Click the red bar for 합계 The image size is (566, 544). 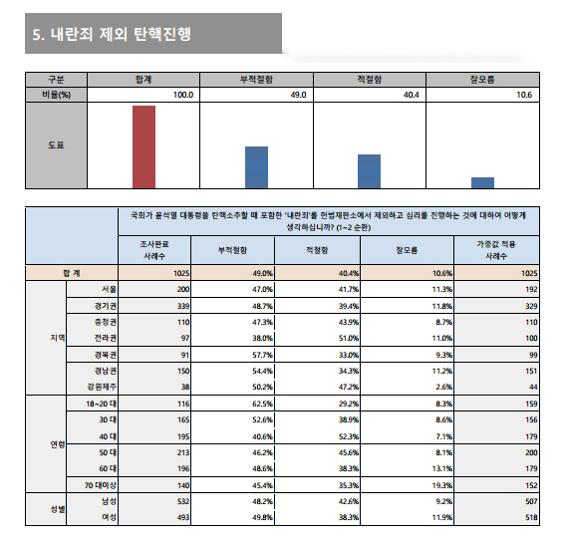click(144, 146)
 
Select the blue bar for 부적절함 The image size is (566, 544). click(257, 167)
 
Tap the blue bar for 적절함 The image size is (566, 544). click(370, 171)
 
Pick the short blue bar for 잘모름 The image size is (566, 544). click(482, 183)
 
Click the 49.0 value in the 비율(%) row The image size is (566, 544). click(298, 95)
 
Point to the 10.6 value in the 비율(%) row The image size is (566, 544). click(524, 95)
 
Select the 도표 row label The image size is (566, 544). click(56, 145)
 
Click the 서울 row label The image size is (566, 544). click(109, 290)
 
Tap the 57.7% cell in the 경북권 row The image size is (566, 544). click(262, 355)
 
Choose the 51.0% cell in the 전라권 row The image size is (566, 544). click(349, 338)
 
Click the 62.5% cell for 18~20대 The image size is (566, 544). click(262, 404)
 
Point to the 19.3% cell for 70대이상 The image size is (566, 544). click(441, 485)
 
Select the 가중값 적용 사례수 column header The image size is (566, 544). click(496, 250)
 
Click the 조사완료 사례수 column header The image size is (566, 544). click(154, 250)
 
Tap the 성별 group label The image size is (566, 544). click(58, 509)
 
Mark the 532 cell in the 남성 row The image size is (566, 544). click(183, 501)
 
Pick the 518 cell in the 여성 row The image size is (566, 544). click(531, 518)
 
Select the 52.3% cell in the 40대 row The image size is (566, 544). click(349, 436)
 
